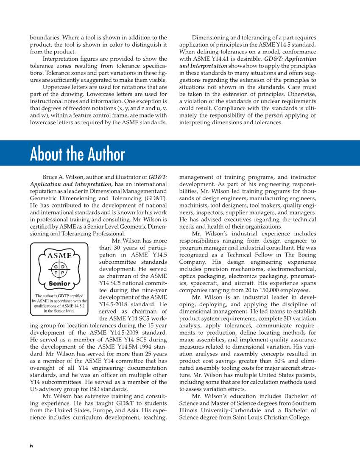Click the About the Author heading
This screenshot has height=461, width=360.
pyautogui.click(x=78, y=154)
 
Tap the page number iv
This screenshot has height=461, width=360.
pyautogui.click(x=31, y=446)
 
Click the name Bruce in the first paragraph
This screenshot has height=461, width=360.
pyautogui.click(x=51, y=176)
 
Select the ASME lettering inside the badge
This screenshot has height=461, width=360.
pyautogui.click(x=59, y=256)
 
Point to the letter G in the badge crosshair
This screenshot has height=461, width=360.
pyautogui.click(x=56, y=266)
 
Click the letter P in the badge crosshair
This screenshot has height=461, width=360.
pyautogui.click(x=62, y=273)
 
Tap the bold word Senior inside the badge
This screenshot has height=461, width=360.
pyautogui.click(x=59, y=284)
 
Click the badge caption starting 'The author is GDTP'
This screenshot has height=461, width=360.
pyautogui.click(x=59, y=303)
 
